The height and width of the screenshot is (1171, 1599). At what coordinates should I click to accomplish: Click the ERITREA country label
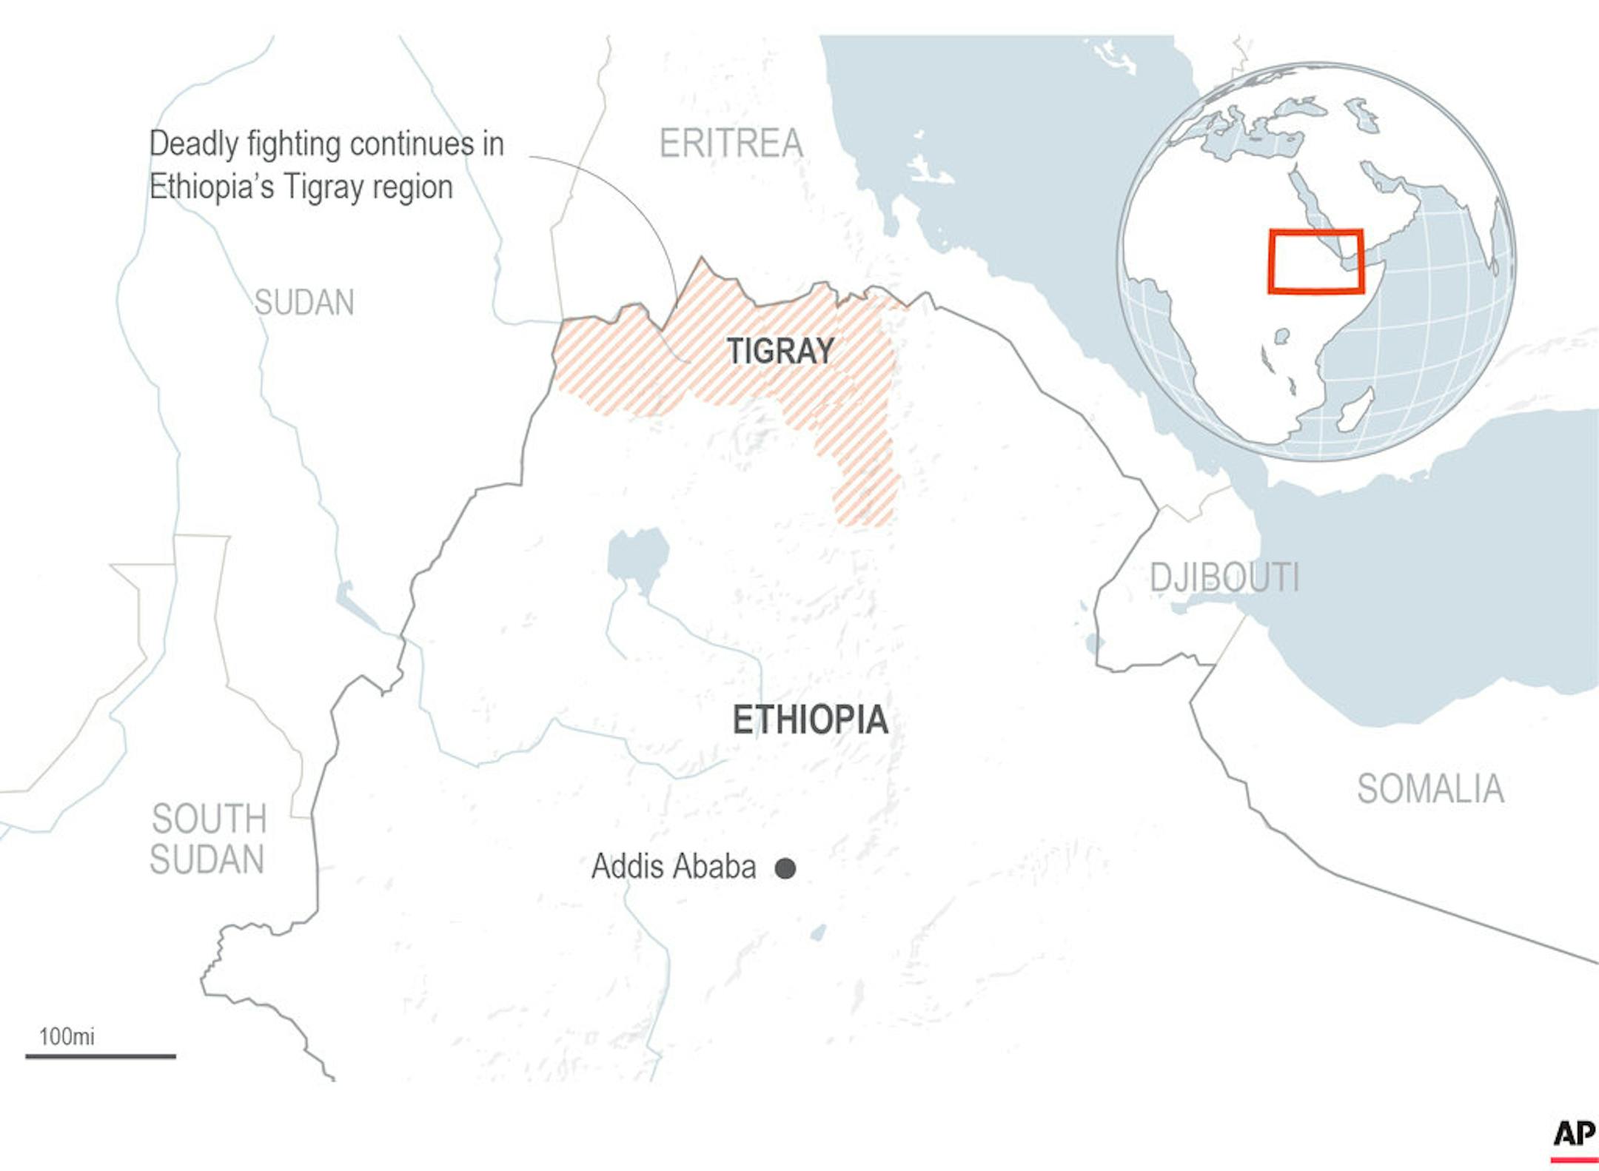pos(731,144)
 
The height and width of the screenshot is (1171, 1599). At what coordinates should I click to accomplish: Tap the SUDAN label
pos(304,303)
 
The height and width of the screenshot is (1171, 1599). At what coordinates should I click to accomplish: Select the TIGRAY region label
pos(780,351)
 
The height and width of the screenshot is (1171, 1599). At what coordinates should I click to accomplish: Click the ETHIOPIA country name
pos(810,720)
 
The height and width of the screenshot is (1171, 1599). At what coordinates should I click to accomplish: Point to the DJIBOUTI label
pos(1224,578)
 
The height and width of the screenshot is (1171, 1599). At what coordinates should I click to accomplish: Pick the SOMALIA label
pos(1429,789)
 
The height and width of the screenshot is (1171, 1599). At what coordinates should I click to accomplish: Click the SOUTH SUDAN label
pos(208,839)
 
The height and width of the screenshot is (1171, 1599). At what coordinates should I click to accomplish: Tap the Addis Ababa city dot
pos(785,868)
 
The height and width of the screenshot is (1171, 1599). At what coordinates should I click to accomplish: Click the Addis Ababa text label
pos(674,867)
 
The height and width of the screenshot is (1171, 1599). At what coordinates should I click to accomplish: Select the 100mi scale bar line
pos(101,1056)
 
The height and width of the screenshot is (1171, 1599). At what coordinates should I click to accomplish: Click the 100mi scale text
pos(67,1036)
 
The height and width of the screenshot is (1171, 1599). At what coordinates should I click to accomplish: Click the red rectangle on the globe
pos(1315,261)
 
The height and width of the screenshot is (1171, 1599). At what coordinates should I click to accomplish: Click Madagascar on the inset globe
pos(1354,409)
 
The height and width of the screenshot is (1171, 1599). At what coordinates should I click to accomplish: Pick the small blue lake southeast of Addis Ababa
pos(818,933)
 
